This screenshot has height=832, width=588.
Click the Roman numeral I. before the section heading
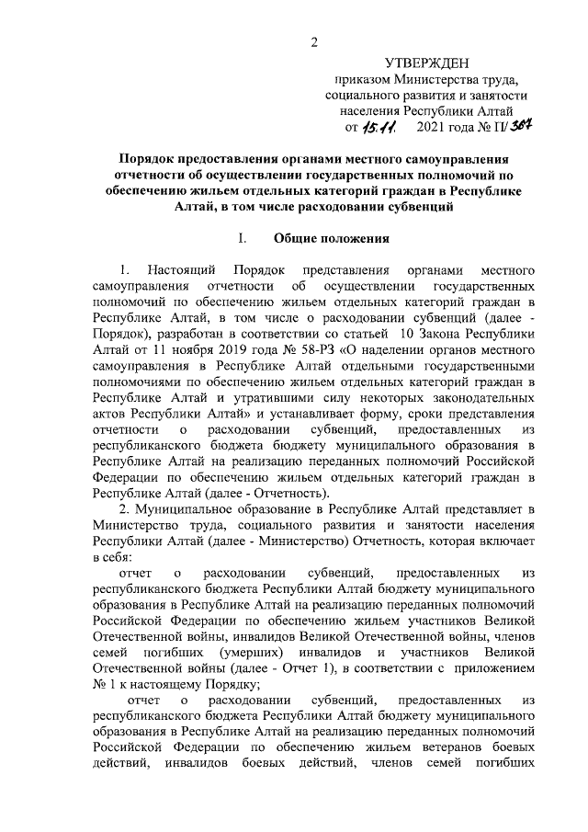click(x=243, y=241)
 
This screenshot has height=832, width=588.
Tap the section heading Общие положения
click(x=333, y=241)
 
